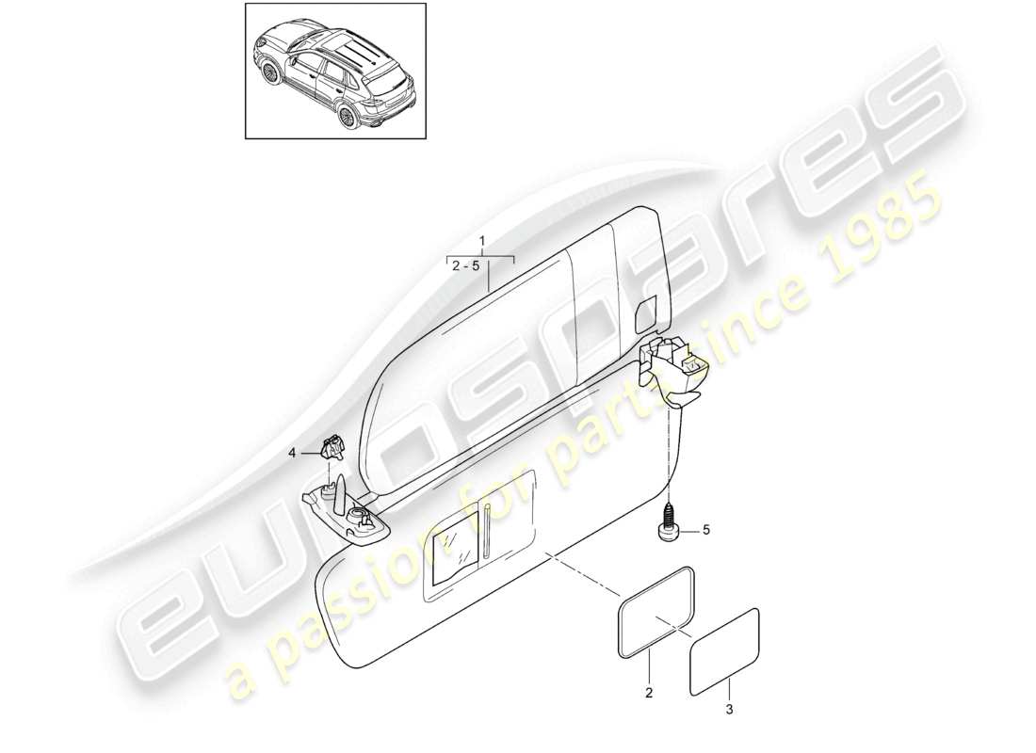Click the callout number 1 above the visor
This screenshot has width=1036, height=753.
coord(482,242)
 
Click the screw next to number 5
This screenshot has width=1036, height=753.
coord(670,521)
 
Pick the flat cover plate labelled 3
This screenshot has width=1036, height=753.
coord(725,651)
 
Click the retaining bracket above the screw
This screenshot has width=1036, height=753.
coord(677,368)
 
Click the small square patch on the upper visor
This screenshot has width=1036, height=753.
coord(647,315)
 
